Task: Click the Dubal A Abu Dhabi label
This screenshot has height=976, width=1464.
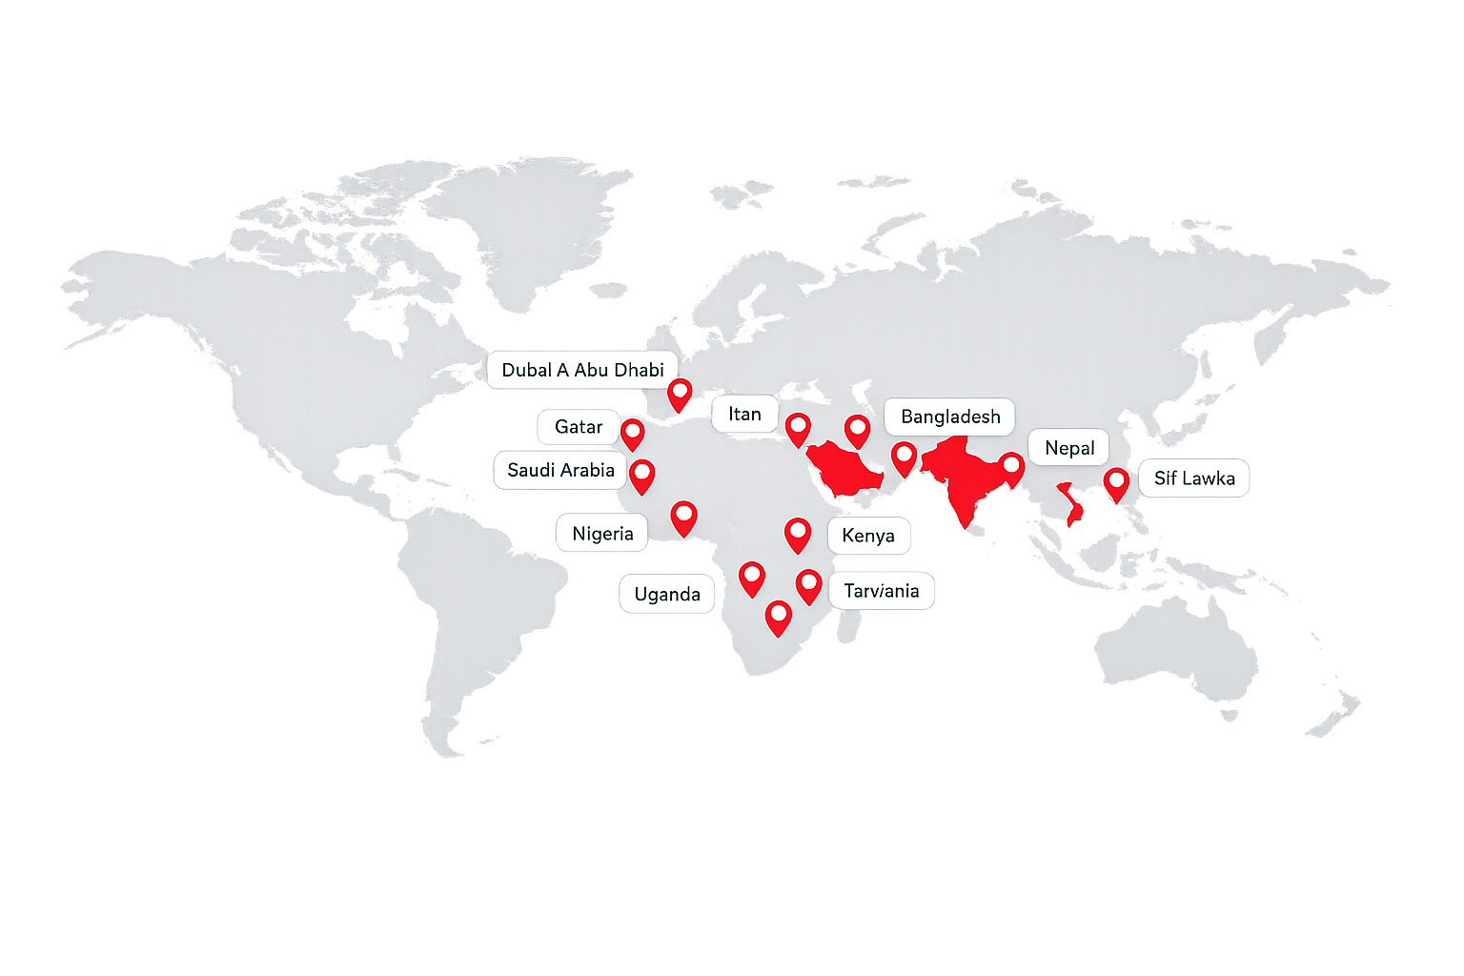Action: (x=582, y=370)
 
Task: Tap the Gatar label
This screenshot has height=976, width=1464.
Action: (x=579, y=427)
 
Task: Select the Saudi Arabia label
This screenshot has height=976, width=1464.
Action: (x=560, y=470)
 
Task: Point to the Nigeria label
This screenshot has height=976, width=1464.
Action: (x=602, y=534)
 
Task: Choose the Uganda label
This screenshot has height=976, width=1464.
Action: (x=667, y=595)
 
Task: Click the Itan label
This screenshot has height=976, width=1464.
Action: (x=744, y=415)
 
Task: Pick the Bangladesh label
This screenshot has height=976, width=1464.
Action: (x=950, y=417)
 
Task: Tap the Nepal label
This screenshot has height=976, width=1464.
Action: (x=1069, y=448)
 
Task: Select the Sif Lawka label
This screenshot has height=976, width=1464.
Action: (x=1194, y=478)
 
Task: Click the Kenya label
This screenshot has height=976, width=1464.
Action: (x=868, y=536)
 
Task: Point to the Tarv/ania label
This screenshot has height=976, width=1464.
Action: (x=882, y=591)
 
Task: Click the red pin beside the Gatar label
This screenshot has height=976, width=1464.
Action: (x=632, y=433)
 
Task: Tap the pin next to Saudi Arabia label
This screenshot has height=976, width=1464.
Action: (x=642, y=475)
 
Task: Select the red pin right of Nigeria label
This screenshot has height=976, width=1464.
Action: (x=683, y=518)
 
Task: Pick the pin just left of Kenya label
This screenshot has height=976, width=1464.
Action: (x=798, y=534)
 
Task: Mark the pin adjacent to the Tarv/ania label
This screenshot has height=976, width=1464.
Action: (x=808, y=585)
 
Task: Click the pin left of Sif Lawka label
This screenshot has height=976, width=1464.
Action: (x=1116, y=483)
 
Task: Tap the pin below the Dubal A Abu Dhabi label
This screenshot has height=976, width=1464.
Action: (x=680, y=393)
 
